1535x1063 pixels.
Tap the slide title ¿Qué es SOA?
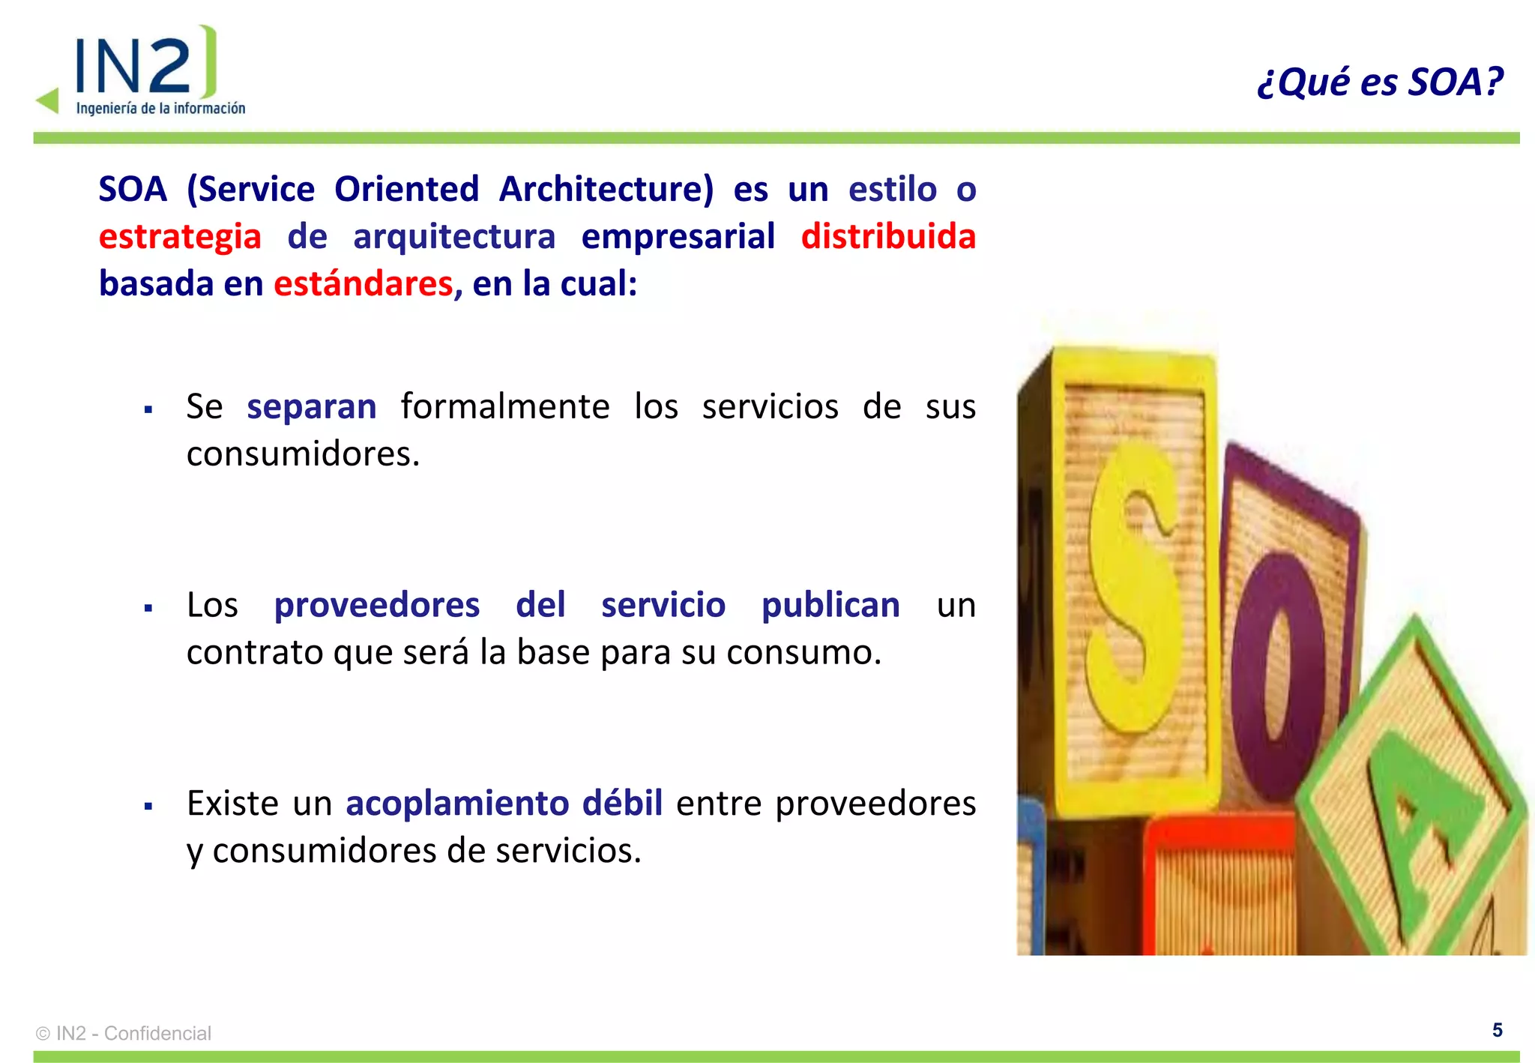tap(1380, 82)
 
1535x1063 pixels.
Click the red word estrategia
tap(180, 237)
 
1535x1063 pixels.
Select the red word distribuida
tap(888, 237)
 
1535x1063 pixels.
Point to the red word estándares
tap(364, 284)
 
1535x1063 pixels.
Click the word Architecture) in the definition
tap(606, 189)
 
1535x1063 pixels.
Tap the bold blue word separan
tap(312, 407)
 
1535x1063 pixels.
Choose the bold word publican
tap(830, 605)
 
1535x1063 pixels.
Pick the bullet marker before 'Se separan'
tap(148, 410)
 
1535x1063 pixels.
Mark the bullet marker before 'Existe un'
tap(148, 807)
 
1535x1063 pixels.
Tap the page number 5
tap(1497, 1030)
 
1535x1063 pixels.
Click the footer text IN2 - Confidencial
tap(133, 1033)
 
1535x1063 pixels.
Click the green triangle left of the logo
tap(49, 100)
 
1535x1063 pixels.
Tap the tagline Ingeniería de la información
tap(160, 109)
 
